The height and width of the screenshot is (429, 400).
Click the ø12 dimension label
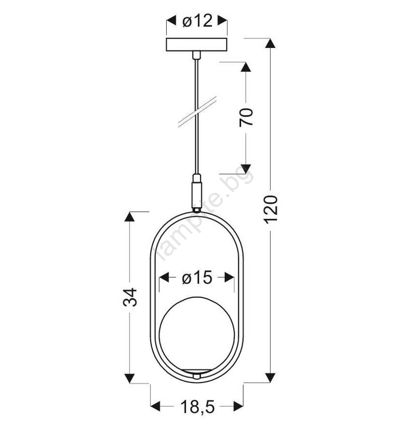[197, 21]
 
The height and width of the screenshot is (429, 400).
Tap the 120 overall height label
[271, 209]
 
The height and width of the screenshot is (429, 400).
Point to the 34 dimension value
[130, 297]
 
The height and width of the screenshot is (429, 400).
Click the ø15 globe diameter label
[197, 278]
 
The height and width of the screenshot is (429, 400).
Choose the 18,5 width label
[197, 407]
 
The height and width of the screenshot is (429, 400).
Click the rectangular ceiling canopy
[196, 44]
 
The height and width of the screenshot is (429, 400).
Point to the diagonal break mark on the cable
[197, 112]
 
